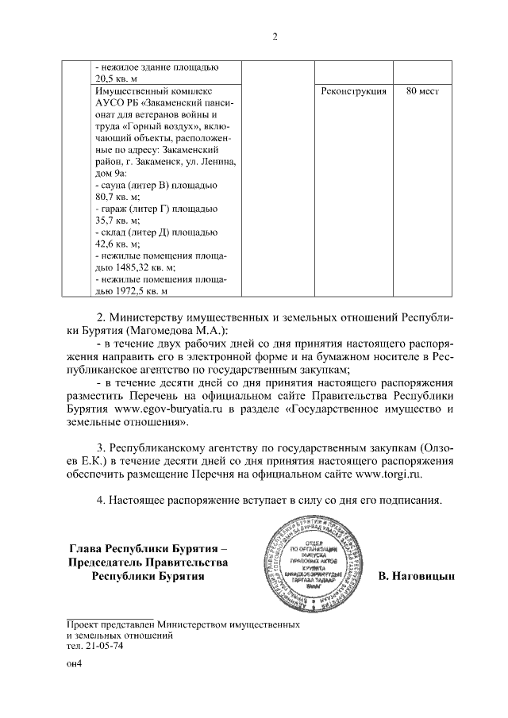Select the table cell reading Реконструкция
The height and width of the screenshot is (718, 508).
(353, 92)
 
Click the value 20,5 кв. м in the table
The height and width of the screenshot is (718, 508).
(116, 79)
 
